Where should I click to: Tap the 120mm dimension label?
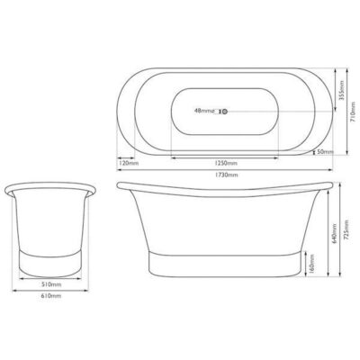[128, 163]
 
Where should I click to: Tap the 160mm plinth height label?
[311, 266]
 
